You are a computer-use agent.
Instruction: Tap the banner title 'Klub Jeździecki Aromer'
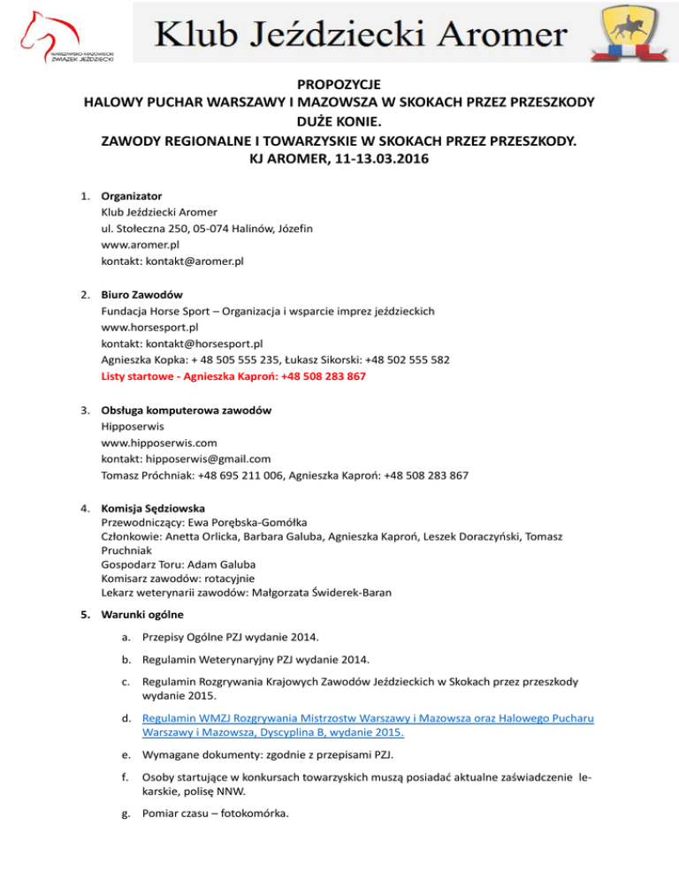coord(362,34)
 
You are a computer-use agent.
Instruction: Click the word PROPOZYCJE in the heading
coord(339,86)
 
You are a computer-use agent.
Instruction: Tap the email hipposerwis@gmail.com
coord(210,458)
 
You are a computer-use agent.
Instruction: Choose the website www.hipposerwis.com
coord(159,443)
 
